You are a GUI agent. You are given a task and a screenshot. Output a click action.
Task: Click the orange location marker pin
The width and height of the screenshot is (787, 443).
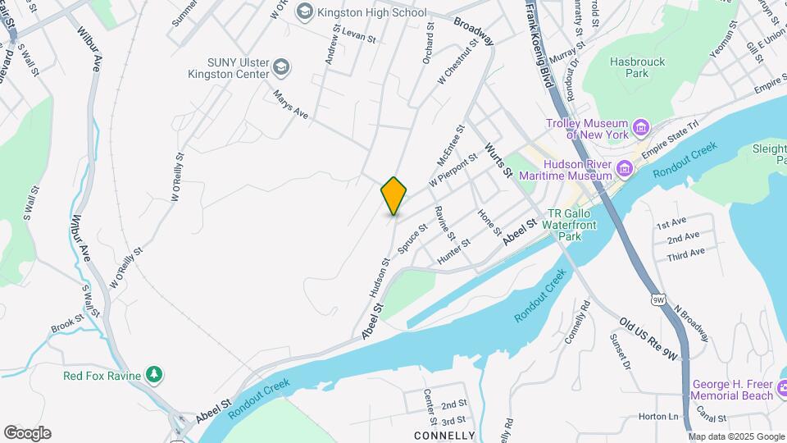click(394, 195)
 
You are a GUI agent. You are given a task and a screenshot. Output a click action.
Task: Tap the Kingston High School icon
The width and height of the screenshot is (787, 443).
click(305, 11)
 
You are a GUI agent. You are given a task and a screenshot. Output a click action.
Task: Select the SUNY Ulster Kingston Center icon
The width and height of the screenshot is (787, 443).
click(281, 66)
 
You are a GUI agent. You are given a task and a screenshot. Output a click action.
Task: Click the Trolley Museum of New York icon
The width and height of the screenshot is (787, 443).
click(641, 128)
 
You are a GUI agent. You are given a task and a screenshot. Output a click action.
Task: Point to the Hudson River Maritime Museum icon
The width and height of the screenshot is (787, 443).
click(625, 168)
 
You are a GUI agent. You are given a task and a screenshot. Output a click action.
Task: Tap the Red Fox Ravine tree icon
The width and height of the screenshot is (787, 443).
click(154, 375)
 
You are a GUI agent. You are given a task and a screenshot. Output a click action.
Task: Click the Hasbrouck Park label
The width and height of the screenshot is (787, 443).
click(638, 67)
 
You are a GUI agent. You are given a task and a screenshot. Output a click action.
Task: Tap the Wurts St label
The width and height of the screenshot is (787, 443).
click(498, 159)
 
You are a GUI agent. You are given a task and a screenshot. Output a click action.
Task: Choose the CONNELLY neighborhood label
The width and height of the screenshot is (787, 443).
click(444, 435)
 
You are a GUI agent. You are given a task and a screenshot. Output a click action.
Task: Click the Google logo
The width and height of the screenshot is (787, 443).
click(27, 433)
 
